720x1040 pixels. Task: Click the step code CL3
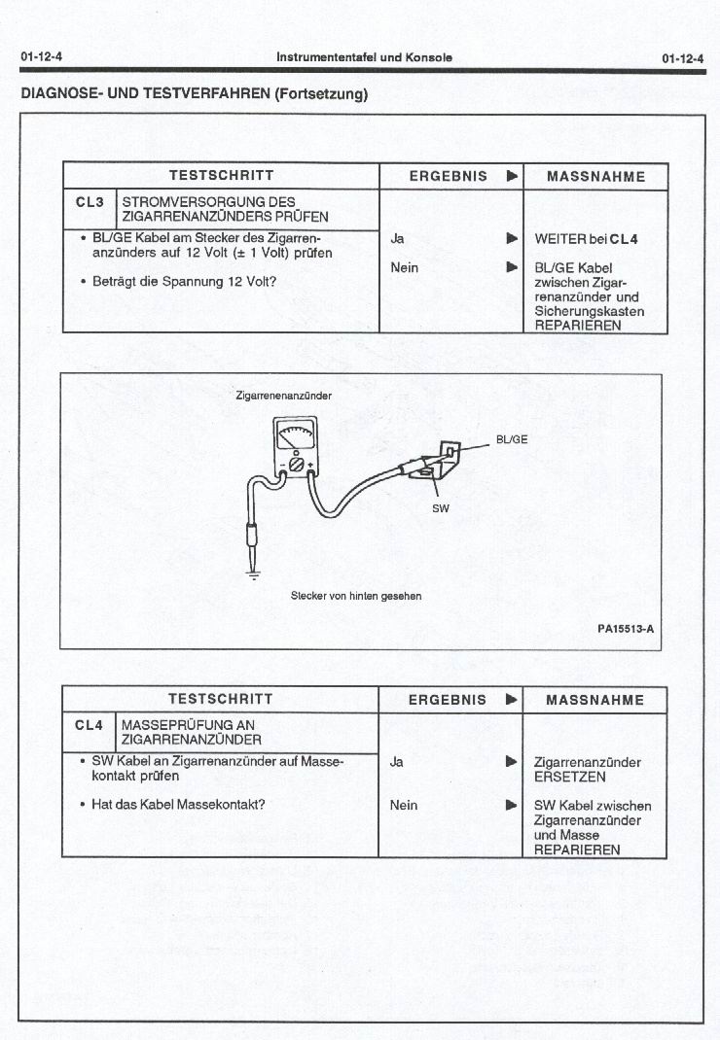89,202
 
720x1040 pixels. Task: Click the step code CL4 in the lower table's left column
89,724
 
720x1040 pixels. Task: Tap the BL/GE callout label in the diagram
512,438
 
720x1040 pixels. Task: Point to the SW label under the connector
441,507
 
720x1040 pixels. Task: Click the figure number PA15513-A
625,628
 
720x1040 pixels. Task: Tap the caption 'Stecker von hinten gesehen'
356,595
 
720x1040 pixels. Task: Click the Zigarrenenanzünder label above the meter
283,396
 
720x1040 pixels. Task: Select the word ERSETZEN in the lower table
570,777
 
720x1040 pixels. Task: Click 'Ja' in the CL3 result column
397,238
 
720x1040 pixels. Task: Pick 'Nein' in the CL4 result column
403,805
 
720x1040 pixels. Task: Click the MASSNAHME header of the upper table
595,177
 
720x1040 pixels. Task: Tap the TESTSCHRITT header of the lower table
221,699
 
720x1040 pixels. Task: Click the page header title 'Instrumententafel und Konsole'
364,57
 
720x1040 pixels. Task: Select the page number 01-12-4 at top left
41,57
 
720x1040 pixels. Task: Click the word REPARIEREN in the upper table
578,326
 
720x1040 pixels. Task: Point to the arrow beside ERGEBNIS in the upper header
512,177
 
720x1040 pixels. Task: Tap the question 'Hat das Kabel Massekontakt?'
178,804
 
